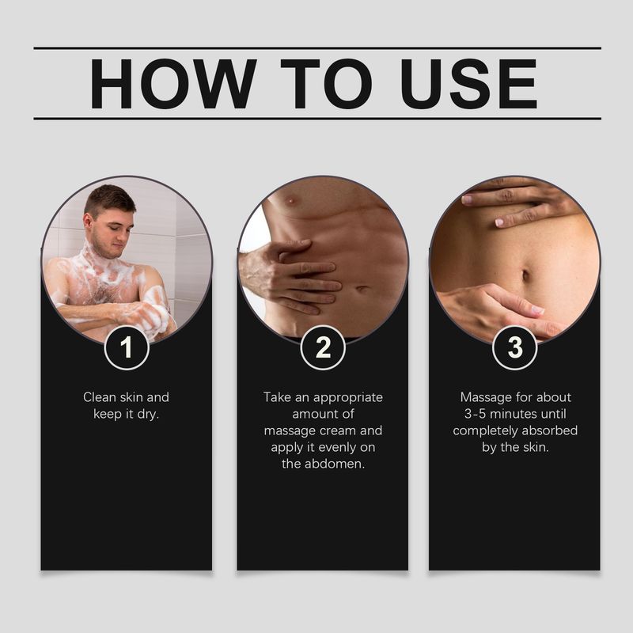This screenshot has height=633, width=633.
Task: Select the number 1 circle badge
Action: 127,347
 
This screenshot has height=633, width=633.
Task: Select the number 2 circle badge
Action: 323,347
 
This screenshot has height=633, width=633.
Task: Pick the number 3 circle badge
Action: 514,347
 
